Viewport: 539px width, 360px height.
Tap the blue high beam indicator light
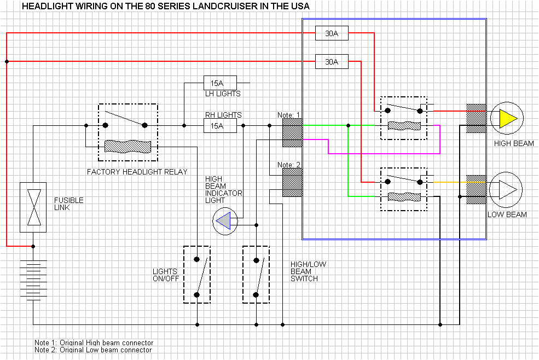(223, 221)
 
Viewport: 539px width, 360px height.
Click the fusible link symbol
(33, 207)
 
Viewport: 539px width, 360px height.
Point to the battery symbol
(33, 280)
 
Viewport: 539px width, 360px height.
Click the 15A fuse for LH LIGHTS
(220, 83)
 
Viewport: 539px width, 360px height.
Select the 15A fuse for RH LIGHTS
(220, 126)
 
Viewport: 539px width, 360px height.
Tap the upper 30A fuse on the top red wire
(332, 33)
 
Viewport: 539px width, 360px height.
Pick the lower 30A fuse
(332, 62)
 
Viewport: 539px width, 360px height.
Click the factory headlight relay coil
(127, 147)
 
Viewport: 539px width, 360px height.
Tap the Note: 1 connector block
(292, 133)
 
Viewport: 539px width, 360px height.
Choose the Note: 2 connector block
(292, 183)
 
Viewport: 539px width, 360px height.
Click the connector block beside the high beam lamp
(476, 119)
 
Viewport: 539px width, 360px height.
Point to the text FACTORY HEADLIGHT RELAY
(137, 172)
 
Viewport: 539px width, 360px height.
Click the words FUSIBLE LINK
(69, 204)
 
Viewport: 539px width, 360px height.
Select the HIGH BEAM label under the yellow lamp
(513, 144)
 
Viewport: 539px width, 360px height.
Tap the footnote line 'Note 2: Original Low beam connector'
(93, 350)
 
